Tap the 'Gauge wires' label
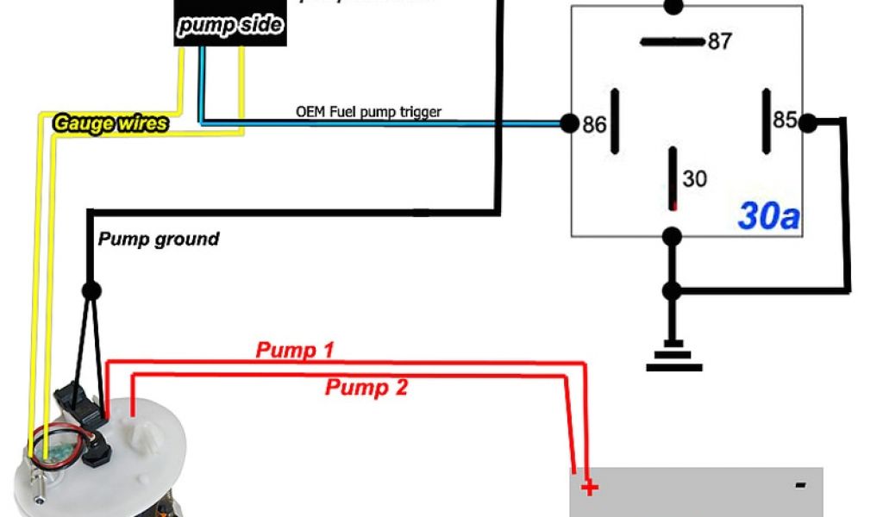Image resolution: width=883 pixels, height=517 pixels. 110,123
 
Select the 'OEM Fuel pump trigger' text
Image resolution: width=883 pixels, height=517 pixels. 368,112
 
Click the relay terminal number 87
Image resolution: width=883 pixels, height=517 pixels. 719,41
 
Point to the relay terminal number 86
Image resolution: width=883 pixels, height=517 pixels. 594,125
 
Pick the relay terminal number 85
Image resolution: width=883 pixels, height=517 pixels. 784,120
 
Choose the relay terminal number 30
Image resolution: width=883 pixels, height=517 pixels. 694,178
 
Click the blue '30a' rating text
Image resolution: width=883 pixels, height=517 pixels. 769,216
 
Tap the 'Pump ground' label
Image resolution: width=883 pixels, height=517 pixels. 158,239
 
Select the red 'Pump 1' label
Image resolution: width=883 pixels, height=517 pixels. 295,350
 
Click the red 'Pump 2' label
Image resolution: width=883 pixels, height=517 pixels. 366,388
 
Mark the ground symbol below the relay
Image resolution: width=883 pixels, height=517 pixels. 673,358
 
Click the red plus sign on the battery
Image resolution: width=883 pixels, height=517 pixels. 589,489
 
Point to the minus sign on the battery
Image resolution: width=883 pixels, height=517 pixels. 800,486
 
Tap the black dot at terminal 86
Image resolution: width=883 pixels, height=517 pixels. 569,123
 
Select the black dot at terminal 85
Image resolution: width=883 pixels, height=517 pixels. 807,123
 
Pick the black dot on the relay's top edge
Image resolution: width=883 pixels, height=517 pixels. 673,6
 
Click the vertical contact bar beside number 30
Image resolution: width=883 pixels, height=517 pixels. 673,178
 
